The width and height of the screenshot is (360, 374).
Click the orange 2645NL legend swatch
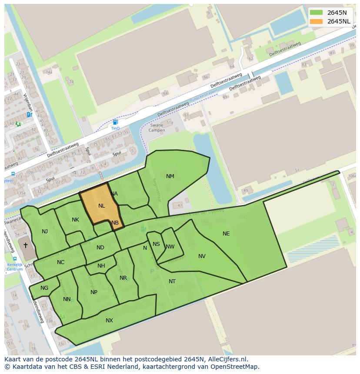(316, 21)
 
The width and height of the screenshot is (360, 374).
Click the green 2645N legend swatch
(316, 13)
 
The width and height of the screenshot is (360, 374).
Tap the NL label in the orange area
(102, 206)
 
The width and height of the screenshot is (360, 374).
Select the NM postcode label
(170, 176)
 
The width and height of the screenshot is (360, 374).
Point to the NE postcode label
(226, 234)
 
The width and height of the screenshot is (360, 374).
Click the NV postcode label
(202, 256)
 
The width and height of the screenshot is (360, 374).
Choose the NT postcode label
(172, 281)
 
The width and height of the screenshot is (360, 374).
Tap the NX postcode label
(109, 321)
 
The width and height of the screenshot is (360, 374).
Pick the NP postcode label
(94, 292)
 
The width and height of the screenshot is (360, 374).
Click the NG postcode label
(44, 288)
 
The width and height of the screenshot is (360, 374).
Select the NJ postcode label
(45, 232)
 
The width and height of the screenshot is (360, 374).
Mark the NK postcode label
(76, 220)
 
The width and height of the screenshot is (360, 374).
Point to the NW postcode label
(170, 247)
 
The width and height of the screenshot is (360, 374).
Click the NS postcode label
(156, 244)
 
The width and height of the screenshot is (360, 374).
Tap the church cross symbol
(25, 245)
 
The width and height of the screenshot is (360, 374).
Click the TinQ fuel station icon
(115, 122)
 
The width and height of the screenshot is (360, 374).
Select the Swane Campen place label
(156, 128)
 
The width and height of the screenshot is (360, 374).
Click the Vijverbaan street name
(28, 102)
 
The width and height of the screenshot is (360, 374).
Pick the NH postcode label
(101, 266)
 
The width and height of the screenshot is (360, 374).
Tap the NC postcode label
(60, 262)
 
